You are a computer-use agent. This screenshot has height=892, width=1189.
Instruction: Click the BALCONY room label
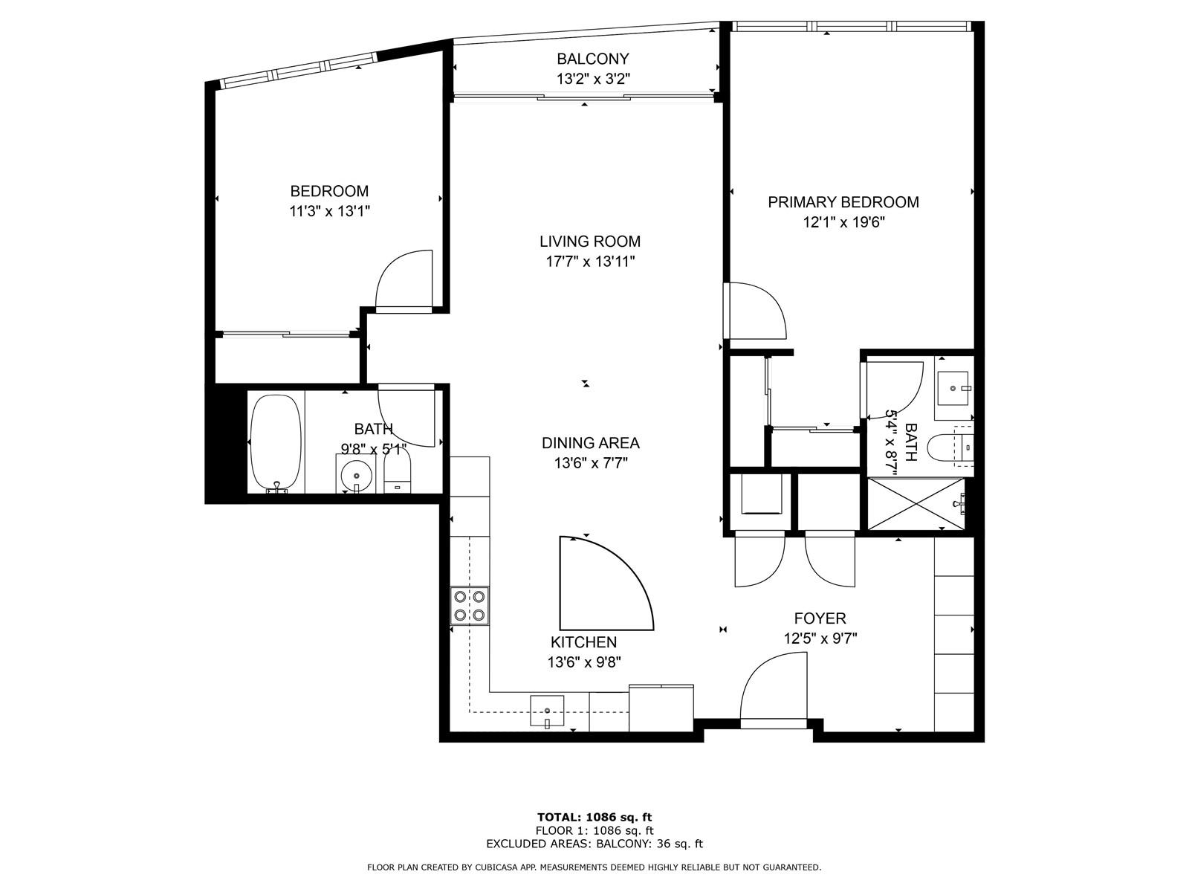(592, 59)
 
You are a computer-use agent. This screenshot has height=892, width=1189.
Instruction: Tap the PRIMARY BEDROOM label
(843, 202)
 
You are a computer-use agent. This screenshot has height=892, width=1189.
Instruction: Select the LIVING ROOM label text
(590, 241)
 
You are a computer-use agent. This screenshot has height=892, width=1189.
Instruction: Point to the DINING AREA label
(591, 443)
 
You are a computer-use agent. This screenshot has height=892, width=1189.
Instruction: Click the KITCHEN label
(584, 641)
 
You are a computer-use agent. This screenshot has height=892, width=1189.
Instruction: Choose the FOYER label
(820, 618)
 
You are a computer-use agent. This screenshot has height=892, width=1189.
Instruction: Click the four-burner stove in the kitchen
(470, 606)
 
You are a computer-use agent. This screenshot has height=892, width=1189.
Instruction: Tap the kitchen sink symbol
(547, 711)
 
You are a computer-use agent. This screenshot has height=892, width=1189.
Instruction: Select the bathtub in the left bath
(276, 443)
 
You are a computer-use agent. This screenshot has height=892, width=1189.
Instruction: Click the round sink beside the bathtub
(356, 474)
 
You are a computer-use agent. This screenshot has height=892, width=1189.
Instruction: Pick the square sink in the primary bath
(952, 388)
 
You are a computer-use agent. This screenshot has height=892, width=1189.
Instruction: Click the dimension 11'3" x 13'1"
(329, 211)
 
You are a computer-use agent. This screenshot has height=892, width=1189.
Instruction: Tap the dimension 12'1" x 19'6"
(843, 222)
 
